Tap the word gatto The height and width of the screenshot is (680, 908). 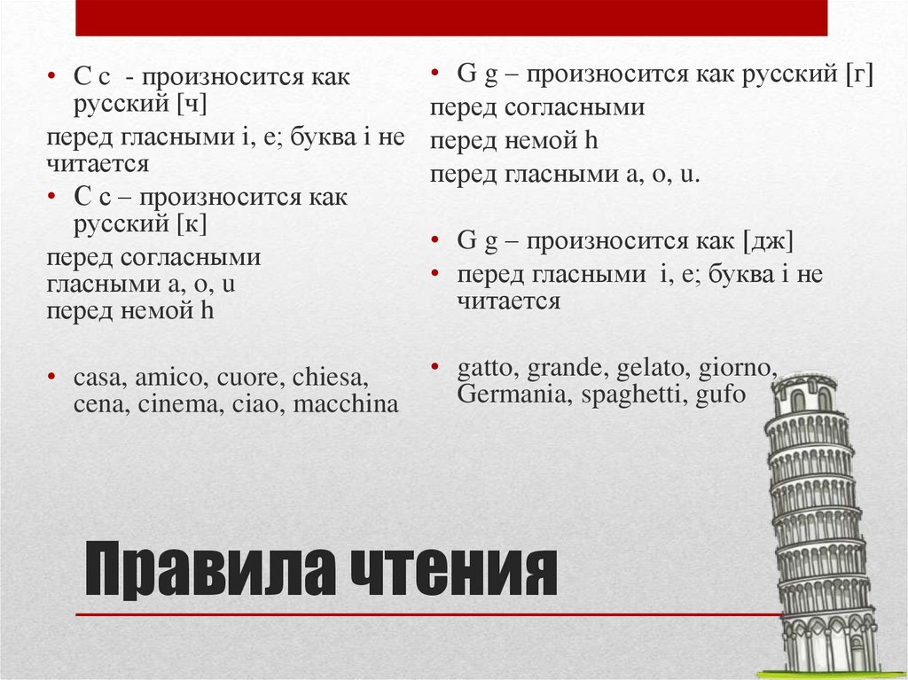[489, 367]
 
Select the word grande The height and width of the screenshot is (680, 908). [568, 367]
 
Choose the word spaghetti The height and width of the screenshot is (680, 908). [630, 394]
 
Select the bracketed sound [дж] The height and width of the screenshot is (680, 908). [768, 241]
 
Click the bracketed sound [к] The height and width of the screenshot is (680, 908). [192, 223]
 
